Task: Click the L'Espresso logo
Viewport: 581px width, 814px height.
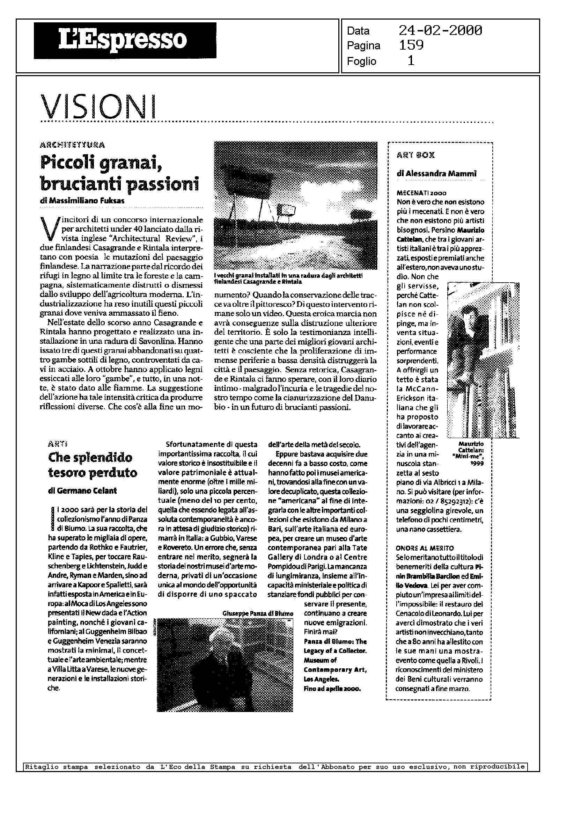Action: tap(125, 41)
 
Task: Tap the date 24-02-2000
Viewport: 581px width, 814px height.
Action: tap(440, 30)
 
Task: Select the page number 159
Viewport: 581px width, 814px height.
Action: tap(411, 45)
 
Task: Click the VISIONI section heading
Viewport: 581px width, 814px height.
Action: tap(99, 107)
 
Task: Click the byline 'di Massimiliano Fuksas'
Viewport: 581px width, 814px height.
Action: tap(82, 201)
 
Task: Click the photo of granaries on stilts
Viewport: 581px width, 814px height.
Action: tap(295, 205)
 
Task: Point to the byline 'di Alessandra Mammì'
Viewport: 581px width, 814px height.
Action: tap(436, 174)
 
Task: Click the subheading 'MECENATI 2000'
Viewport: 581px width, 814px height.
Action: tap(417, 193)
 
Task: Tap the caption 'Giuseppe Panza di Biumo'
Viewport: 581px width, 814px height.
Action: tap(258, 613)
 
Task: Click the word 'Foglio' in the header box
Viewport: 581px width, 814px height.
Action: tap(361, 61)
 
